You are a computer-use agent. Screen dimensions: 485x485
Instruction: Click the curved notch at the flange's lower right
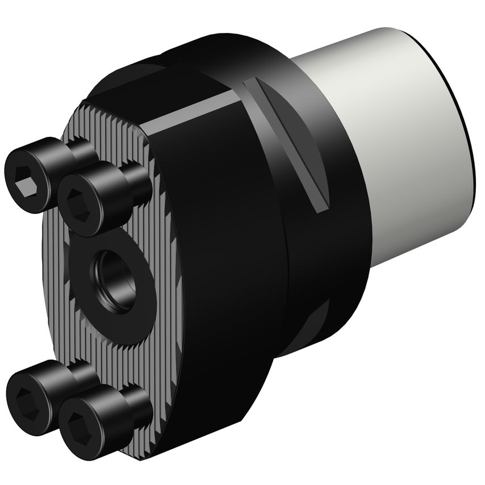tap(315, 324)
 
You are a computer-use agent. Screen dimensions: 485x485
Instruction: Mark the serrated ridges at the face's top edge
tap(114, 116)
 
